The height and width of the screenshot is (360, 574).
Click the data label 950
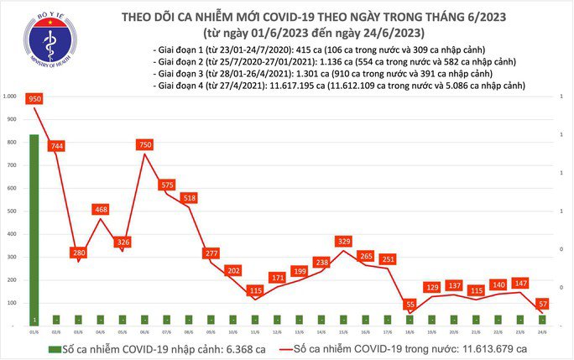coord(34,98)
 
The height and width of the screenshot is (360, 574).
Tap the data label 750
coord(144,144)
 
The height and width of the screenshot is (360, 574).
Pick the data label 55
coord(410,304)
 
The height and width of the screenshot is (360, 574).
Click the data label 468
coord(101,209)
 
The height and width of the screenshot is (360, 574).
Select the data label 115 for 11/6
coord(254,290)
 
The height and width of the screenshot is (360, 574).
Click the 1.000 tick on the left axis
coord(10,97)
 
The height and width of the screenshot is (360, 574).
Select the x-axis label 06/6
coord(144,331)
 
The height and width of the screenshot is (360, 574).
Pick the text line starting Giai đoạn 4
coord(340,86)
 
